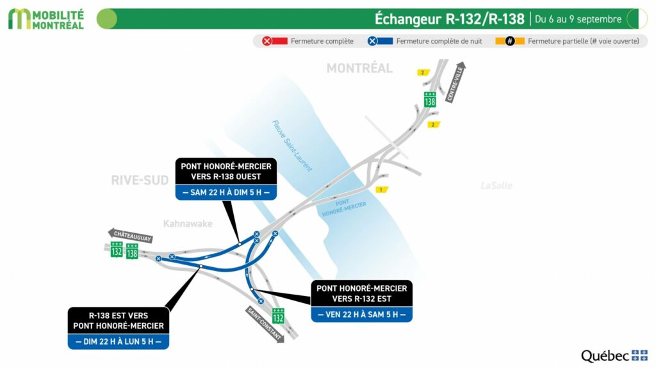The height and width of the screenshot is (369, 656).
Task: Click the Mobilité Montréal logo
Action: click(x=46, y=19)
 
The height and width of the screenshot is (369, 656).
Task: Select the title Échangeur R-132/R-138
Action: click(x=449, y=19)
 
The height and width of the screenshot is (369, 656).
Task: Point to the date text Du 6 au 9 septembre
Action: click(x=578, y=19)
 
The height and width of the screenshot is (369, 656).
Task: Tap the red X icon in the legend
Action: click(x=267, y=41)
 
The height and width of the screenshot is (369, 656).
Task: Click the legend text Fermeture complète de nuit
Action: click(x=439, y=41)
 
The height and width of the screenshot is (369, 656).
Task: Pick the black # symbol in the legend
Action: click(x=510, y=41)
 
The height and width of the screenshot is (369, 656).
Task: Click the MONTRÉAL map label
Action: click(x=359, y=68)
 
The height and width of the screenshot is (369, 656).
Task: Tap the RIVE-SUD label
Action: click(x=139, y=181)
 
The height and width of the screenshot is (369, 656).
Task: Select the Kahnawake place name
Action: click(x=186, y=224)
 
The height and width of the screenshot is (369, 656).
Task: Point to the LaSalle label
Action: click(x=496, y=186)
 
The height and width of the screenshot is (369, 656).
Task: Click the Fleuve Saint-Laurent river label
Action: click(x=291, y=146)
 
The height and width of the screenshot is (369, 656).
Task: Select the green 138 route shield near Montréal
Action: click(x=430, y=99)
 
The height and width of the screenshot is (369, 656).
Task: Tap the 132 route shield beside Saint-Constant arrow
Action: click(x=278, y=316)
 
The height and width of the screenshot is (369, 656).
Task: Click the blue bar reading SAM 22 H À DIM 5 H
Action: click(x=225, y=192)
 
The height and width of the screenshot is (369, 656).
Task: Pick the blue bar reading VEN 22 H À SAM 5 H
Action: click(x=361, y=314)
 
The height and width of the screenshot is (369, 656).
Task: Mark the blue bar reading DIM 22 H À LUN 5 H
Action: click(x=119, y=341)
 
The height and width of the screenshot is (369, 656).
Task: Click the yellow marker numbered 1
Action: click(x=382, y=190)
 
